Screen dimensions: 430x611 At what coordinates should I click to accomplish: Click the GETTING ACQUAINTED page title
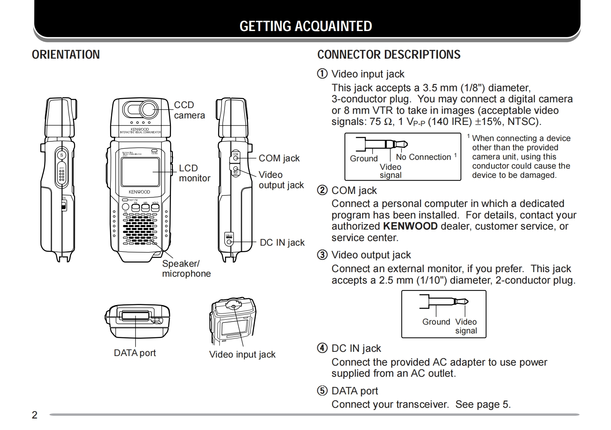[305, 26]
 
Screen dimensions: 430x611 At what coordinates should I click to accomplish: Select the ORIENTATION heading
[66, 55]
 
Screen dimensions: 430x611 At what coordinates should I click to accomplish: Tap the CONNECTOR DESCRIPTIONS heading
[389, 55]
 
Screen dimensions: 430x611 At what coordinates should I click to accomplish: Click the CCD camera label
[189, 110]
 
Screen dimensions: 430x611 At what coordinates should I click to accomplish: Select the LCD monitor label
[194, 173]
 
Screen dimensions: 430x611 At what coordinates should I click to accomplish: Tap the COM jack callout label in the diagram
[279, 158]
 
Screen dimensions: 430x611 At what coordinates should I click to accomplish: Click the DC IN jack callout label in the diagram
[282, 243]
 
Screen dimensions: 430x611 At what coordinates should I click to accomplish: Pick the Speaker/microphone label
[186, 269]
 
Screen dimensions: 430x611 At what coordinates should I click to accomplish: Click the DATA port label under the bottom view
[135, 353]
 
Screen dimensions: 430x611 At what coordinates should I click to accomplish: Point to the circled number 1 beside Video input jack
[322, 74]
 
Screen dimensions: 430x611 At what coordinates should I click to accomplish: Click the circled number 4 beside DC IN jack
[322, 348]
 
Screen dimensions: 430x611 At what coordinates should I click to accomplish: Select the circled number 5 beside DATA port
[322, 391]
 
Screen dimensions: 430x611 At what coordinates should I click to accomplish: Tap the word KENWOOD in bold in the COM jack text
[410, 226]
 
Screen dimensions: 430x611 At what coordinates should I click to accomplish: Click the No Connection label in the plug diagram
[423, 157]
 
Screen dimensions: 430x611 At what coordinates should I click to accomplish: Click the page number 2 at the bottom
[34, 415]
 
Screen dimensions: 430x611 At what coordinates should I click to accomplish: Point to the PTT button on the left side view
[61, 174]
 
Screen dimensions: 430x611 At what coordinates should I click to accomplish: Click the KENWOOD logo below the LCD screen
[139, 192]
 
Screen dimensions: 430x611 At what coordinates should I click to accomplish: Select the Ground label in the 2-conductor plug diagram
[436, 322]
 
